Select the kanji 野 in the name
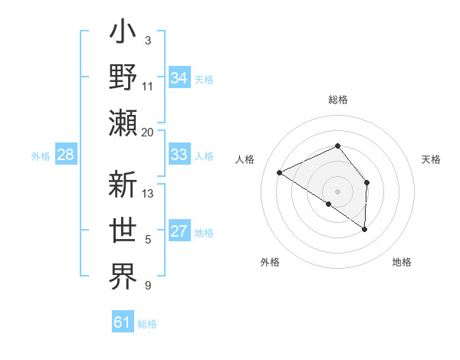tap(123, 78)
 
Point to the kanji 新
tap(123, 186)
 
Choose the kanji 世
tap(123, 231)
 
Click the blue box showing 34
tap(179, 78)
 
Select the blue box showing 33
tap(179, 155)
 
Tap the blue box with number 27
tap(179, 232)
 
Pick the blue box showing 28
tap(66, 155)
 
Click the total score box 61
tap(123, 322)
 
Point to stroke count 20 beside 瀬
tap(148, 132)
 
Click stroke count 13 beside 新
tap(149, 193)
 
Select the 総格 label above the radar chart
tap(338, 100)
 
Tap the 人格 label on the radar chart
tap(245, 159)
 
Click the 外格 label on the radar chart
tap(270, 262)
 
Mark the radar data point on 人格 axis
tap(280, 173)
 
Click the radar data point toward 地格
tap(365, 229)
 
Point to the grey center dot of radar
tap(338, 191)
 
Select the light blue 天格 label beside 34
tap(204, 79)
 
